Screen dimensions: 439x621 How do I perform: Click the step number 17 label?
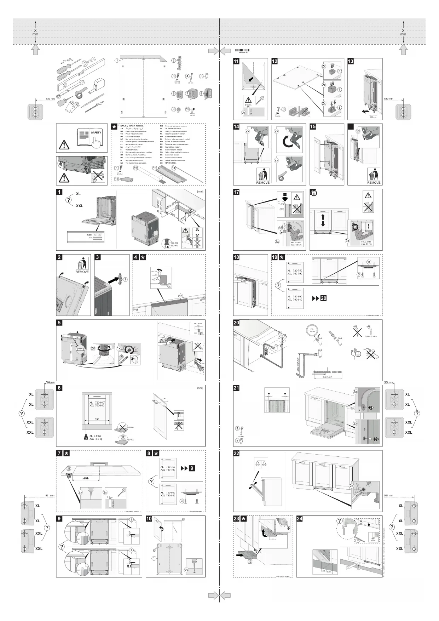point(236,192)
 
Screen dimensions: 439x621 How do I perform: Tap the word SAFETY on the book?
point(96,132)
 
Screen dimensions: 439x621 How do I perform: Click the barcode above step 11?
point(242,51)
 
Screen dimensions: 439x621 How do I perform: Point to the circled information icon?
point(313,193)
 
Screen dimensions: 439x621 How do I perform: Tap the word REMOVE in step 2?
point(82,272)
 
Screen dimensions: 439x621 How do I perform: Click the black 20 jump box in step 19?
point(323,298)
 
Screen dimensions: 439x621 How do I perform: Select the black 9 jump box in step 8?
point(192,468)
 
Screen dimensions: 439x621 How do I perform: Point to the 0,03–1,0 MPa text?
point(370,336)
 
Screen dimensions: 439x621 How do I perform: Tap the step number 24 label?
point(300,519)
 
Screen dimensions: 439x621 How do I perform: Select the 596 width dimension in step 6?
point(97,419)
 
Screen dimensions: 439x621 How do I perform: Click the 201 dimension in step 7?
point(86,478)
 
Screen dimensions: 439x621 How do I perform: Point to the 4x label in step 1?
point(167,246)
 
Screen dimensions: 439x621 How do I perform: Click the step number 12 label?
point(275,61)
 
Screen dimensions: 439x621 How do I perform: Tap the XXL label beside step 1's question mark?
point(79,206)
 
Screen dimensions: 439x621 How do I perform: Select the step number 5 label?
point(59,323)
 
